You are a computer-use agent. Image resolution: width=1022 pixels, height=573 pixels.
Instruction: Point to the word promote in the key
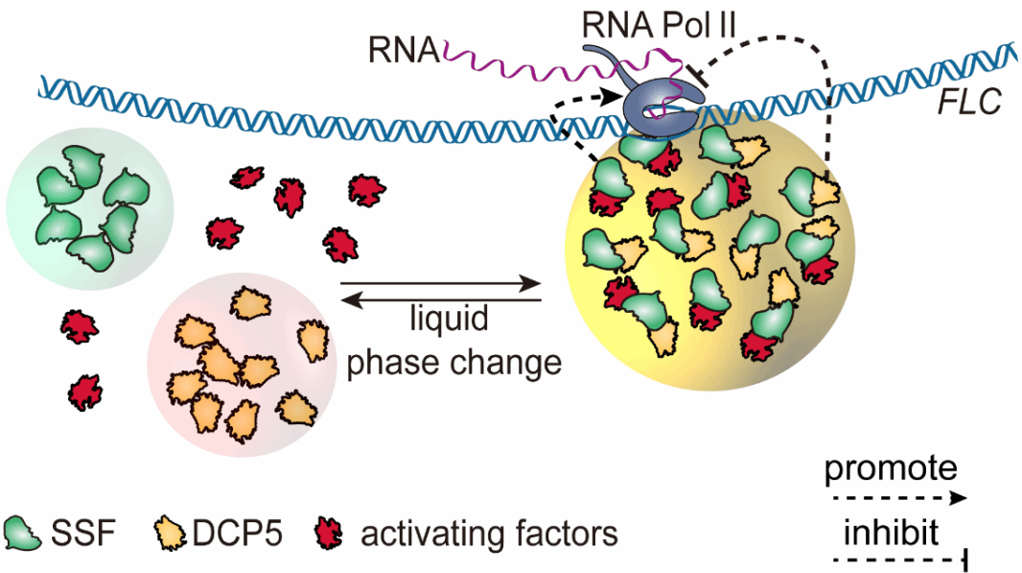(x=891, y=468)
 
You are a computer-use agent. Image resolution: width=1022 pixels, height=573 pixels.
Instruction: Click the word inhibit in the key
(x=891, y=530)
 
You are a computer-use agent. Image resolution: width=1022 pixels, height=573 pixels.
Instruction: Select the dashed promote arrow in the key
(x=895, y=498)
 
